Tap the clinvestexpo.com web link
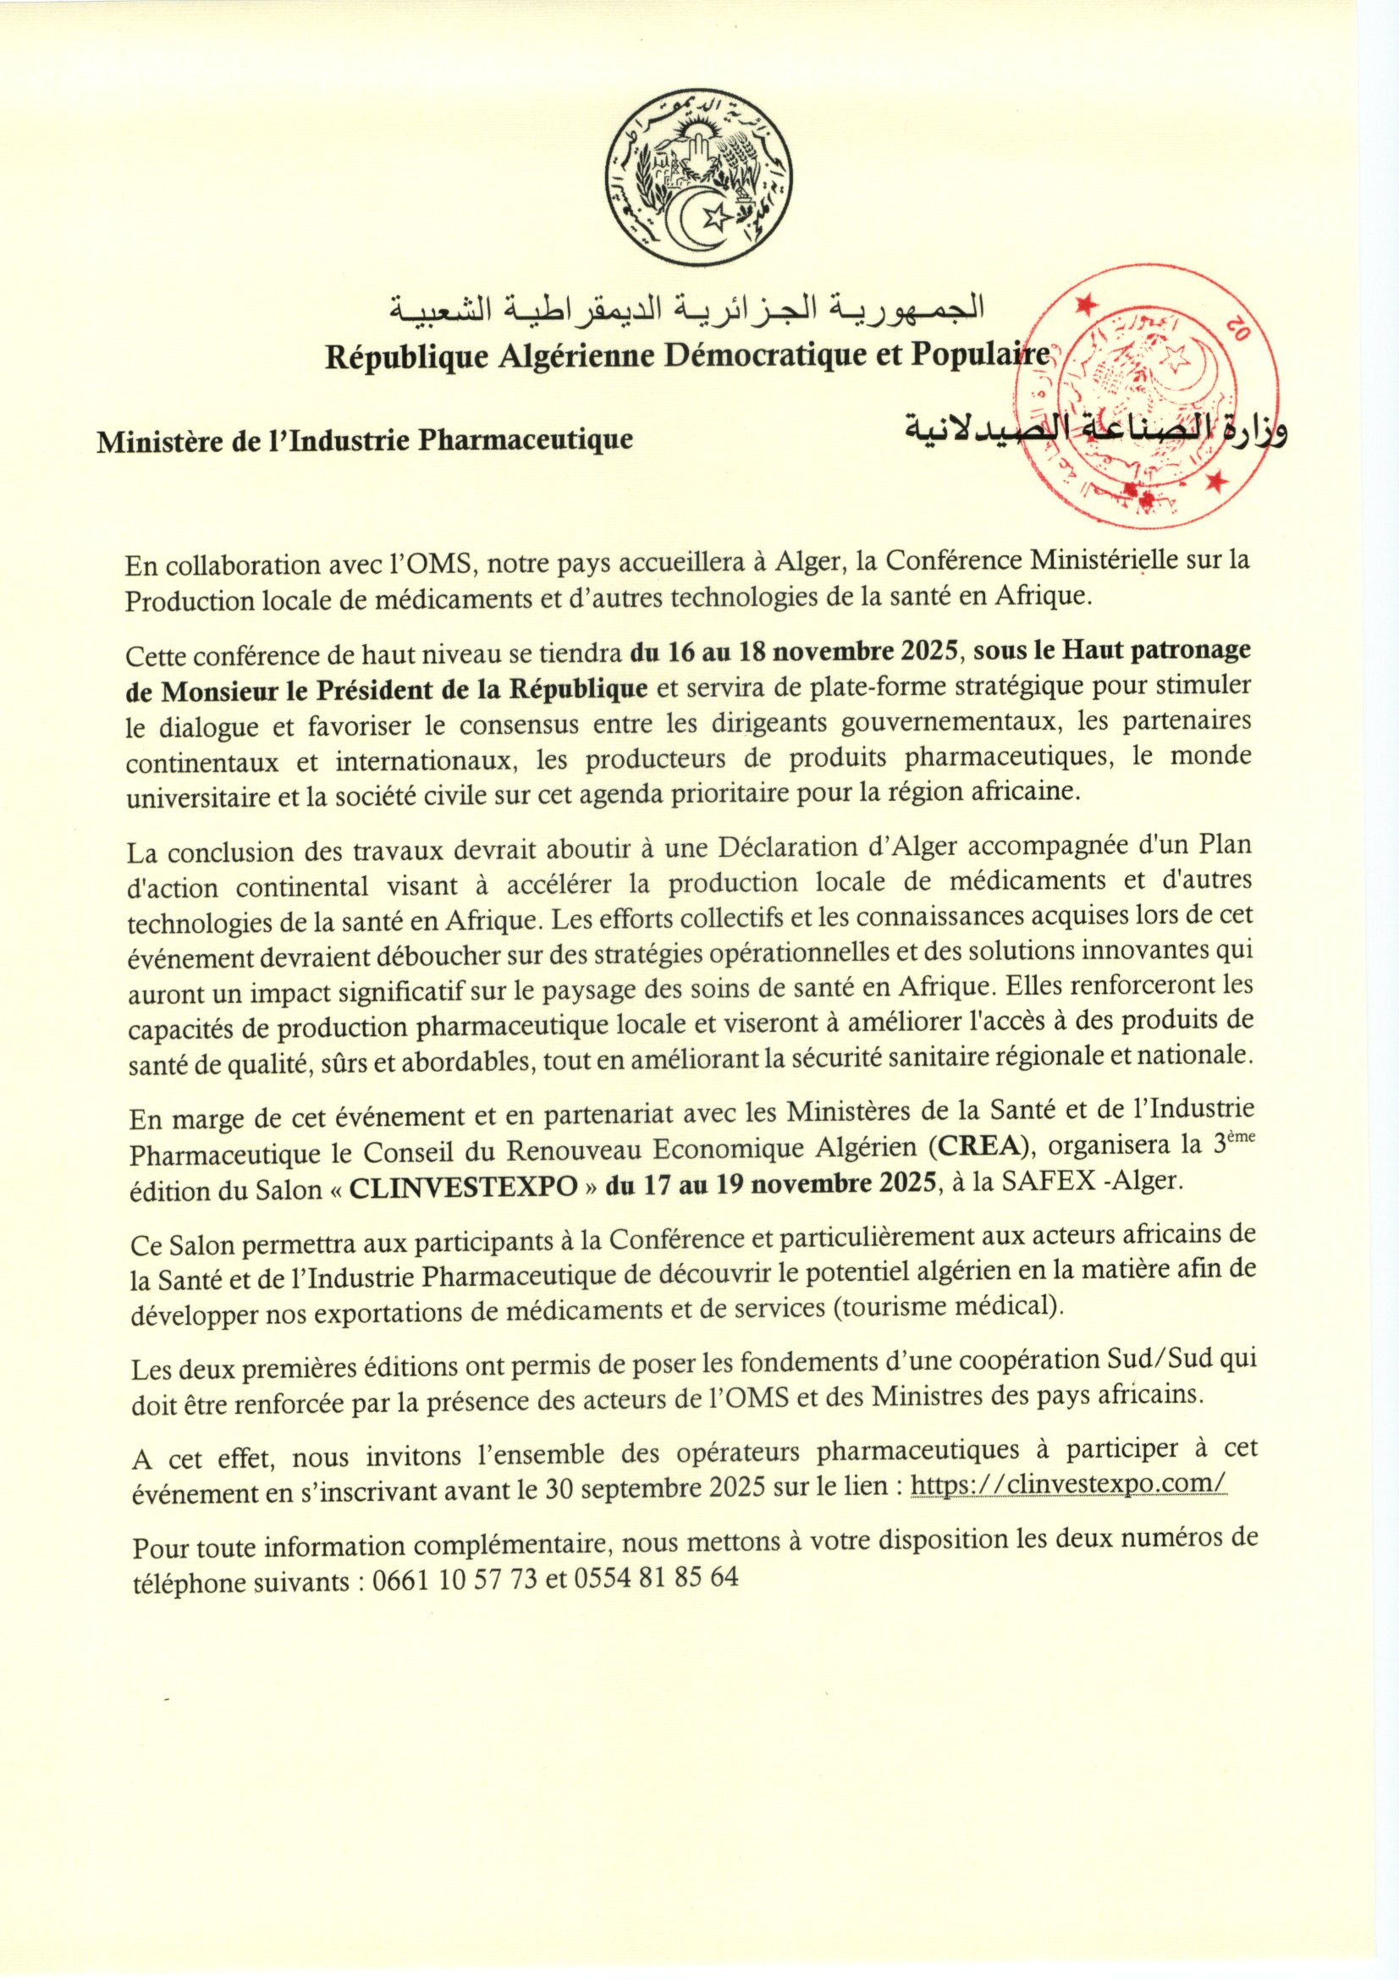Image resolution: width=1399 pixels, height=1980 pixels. (1068, 1485)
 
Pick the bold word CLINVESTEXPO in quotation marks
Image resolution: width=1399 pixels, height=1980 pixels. (464, 1184)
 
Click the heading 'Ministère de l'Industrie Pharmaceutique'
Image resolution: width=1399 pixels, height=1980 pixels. (365, 441)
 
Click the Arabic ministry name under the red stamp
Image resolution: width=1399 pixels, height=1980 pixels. (1094, 430)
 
